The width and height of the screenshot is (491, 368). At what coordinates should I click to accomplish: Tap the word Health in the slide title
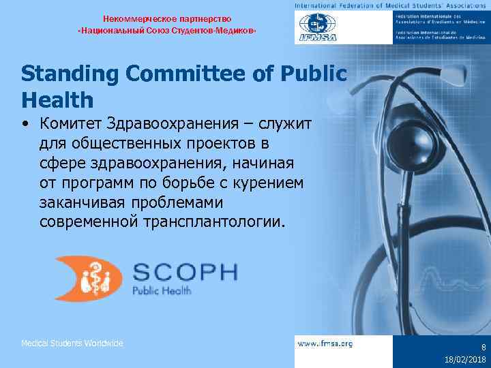tap(57, 100)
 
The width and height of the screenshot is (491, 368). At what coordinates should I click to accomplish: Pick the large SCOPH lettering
tap(185, 272)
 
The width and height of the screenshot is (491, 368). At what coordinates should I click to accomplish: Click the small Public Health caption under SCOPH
tap(162, 291)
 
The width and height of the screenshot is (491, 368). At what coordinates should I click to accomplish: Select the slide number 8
tap(483, 347)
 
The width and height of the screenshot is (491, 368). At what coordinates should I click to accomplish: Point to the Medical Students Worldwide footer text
tap(72, 343)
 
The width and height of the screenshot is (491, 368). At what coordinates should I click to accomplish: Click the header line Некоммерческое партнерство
tap(168, 18)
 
